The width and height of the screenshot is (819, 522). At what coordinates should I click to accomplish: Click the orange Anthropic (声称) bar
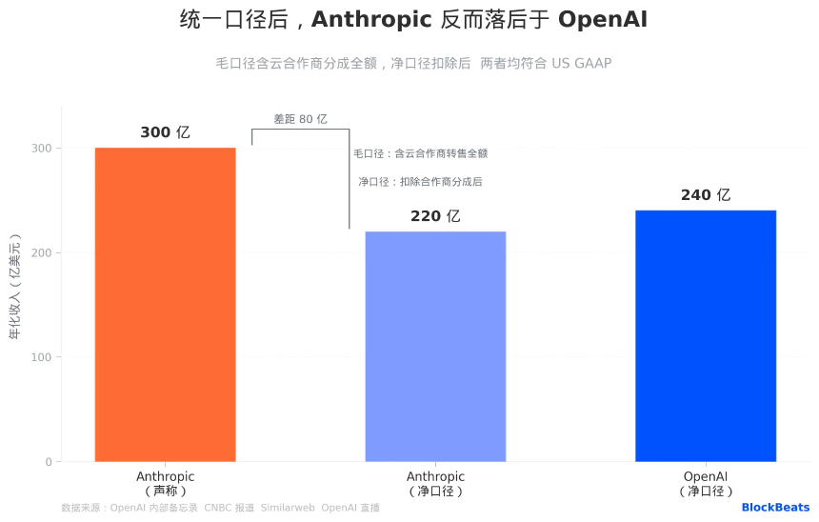pyautogui.click(x=165, y=305)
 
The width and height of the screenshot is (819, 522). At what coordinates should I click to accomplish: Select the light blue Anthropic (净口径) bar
pyautogui.click(x=435, y=347)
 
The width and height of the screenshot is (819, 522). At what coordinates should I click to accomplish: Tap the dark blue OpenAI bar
pyautogui.click(x=706, y=336)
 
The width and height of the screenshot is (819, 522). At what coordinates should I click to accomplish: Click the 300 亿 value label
pyautogui.click(x=165, y=132)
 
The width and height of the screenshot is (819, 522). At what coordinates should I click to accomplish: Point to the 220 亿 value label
pyautogui.click(x=435, y=216)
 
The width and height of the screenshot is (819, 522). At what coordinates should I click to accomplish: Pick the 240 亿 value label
pyautogui.click(x=706, y=195)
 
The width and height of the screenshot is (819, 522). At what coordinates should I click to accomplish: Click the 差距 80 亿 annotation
pyautogui.click(x=300, y=119)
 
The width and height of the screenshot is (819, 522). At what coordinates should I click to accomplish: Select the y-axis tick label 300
pyautogui.click(x=41, y=149)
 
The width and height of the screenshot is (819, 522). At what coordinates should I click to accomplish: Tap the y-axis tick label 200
pyautogui.click(x=41, y=253)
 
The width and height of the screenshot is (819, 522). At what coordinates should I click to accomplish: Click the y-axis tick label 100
pyautogui.click(x=41, y=358)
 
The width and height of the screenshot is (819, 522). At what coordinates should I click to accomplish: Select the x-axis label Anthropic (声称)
pyautogui.click(x=165, y=483)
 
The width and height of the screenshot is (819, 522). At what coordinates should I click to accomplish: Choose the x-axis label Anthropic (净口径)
pyautogui.click(x=435, y=483)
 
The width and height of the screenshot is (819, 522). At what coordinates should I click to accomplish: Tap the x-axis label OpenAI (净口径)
pyautogui.click(x=706, y=483)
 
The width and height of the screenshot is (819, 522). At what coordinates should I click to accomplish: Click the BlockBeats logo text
pyautogui.click(x=775, y=508)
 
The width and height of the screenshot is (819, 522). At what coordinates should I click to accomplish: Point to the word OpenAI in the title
pyautogui.click(x=602, y=19)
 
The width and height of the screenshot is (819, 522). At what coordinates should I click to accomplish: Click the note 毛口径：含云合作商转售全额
pyautogui.click(x=420, y=153)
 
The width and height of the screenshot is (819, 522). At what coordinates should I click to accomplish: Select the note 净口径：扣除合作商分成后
pyautogui.click(x=420, y=181)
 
